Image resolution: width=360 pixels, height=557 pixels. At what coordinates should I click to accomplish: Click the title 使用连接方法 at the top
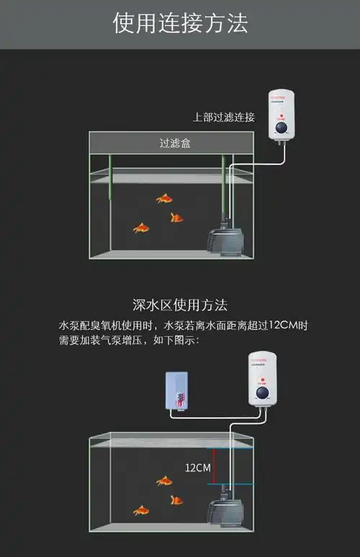tap(180, 24)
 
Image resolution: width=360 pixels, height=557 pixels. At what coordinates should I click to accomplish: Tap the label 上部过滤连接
tap(223, 117)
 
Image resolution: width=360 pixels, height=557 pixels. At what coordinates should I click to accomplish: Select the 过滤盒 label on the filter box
tap(175, 143)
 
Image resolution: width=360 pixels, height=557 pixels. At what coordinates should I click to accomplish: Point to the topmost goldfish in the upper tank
tap(165, 199)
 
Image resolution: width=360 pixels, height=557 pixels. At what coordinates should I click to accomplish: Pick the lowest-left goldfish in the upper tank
tap(141, 228)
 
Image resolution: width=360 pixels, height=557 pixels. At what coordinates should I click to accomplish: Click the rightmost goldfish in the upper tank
tap(176, 217)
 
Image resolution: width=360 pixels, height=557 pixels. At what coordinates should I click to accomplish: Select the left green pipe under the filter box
tap(109, 179)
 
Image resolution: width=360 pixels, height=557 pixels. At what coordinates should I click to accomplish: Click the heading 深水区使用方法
tap(180, 305)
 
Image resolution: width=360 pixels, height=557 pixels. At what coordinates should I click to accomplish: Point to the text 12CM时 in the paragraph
tap(288, 326)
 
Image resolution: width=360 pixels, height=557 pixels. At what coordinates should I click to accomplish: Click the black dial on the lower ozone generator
tap(263, 395)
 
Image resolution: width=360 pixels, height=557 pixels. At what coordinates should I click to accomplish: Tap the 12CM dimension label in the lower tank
tap(198, 468)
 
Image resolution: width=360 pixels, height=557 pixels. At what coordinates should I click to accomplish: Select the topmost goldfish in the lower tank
tap(165, 481)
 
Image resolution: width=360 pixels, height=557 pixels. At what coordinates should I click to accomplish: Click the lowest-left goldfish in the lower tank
tap(141, 510)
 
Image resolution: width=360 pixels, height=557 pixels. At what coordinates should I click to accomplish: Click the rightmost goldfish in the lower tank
tap(176, 499)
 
